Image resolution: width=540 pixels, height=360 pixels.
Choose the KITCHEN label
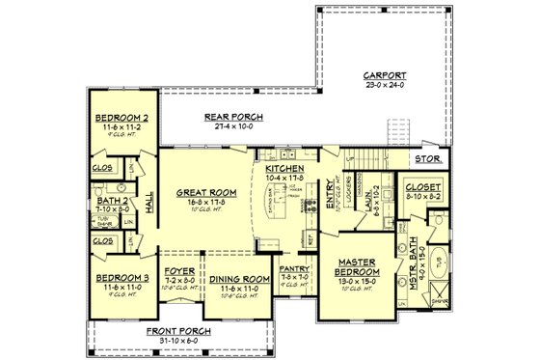tap(284, 166)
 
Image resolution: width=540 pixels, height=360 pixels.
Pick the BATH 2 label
tap(114, 199)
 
